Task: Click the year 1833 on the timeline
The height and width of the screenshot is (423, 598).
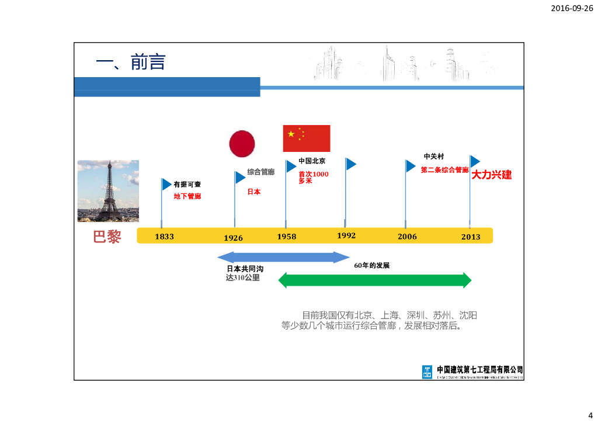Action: point(164,237)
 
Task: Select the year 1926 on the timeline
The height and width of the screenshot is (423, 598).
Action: point(233,238)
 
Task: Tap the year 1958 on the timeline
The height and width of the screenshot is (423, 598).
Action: point(286,237)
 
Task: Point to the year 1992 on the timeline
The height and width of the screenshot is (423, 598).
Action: point(346,235)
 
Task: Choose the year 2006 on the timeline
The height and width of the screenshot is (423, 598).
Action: point(407,237)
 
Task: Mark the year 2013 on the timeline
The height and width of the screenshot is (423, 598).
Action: point(471,237)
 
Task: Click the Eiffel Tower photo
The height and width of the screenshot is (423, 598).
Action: point(108,191)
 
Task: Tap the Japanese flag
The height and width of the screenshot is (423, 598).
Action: point(242,144)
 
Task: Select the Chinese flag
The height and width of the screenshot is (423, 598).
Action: point(307,138)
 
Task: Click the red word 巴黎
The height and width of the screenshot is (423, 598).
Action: point(107,237)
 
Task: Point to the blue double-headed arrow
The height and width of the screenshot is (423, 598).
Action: point(283,257)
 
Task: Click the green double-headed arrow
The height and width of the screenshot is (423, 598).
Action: point(374,280)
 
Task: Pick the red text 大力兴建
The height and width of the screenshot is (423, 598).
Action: point(491,175)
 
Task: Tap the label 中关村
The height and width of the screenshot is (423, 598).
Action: point(434,157)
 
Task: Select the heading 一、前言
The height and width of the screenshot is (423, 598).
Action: point(130,62)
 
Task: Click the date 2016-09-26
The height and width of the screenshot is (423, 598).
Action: point(572,9)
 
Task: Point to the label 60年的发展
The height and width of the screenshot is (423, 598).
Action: point(371,265)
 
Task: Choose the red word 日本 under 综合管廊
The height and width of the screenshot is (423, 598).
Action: point(253,192)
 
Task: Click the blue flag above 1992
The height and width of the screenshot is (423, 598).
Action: point(350,164)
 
